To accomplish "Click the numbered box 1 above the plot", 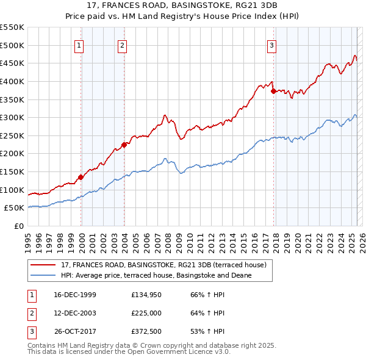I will [80, 45].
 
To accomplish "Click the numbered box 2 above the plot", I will [122, 45].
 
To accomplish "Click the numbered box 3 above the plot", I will [271, 45].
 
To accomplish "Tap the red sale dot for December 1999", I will [81, 178].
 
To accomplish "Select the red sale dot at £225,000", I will [124, 145].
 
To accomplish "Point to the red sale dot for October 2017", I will [273, 91].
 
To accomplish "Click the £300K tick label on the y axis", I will [12, 117].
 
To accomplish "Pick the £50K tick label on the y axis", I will [15, 208].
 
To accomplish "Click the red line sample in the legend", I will [43, 265].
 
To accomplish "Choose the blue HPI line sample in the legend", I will [43, 275].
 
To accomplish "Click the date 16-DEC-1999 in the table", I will [75, 295].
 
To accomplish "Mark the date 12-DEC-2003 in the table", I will [75, 313].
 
